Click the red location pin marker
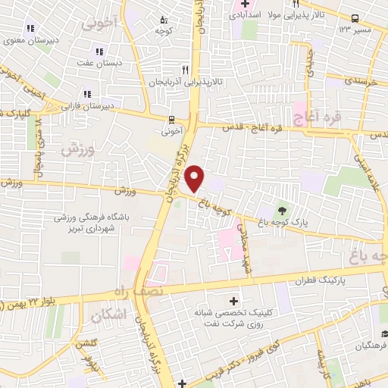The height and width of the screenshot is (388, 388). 195,177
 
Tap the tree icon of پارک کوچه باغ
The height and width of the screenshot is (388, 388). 283,211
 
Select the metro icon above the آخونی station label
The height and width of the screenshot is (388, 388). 172,119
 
